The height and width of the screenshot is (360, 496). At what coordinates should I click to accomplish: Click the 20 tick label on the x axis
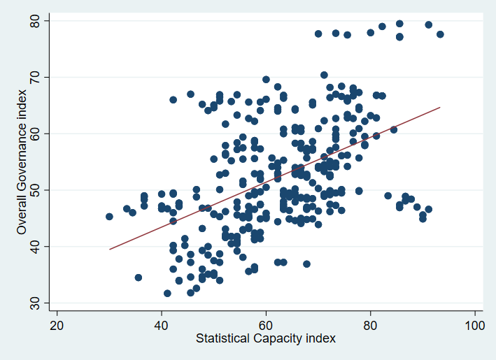[x=57, y=326]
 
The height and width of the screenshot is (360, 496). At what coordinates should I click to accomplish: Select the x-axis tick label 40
[x=162, y=326]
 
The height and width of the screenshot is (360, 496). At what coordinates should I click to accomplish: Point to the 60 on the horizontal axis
[x=266, y=326]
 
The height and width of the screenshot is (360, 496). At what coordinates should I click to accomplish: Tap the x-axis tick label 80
[x=371, y=326]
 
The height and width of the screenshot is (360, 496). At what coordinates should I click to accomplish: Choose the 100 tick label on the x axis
[x=475, y=326]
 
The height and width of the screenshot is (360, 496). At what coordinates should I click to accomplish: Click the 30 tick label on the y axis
[x=37, y=303]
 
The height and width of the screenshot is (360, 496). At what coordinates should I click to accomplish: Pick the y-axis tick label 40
[x=37, y=246]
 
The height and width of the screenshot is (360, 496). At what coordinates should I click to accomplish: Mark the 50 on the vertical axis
[x=37, y=189]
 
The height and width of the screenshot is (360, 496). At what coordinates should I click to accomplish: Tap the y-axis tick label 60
[x=37, y=133]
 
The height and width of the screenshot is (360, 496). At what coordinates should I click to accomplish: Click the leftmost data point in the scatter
[x=109, y=217]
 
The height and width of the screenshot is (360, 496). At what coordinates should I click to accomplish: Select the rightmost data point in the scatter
[x=440, y=34]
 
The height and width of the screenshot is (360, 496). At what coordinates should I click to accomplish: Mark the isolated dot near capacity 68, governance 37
[x=306, y=264]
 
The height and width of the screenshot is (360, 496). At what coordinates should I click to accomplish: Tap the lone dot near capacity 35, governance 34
[x=139, y=278]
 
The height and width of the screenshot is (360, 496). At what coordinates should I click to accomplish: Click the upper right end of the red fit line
[x=440, y=108]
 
